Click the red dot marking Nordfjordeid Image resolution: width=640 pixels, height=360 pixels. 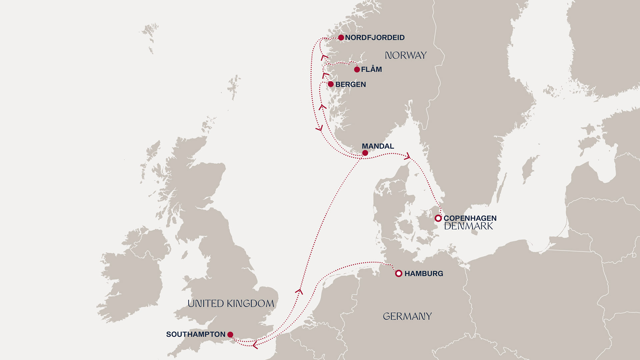point(341,38)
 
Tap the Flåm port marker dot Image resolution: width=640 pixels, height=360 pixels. point(357,70)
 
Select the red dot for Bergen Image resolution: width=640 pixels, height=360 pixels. point(331,84)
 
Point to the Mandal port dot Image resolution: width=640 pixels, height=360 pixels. point(365,153)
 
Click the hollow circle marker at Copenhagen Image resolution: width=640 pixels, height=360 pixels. point(438,218)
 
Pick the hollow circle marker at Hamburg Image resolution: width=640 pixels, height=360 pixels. point(399,274)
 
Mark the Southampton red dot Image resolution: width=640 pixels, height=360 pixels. point(230,334)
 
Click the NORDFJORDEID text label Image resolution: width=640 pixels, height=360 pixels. point(375,38)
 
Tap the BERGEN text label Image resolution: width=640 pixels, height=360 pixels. point(350,85)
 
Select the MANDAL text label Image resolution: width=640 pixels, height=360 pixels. point(378,146)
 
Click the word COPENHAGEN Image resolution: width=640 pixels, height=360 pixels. point(470,218)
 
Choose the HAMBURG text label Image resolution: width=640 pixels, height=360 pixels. point(424,274)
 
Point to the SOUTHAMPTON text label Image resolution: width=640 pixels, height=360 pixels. point(196,334)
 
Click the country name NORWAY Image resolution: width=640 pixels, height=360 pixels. point(406,55)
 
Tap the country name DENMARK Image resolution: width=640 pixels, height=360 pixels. point(468,226)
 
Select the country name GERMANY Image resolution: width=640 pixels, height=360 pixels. point(407,316)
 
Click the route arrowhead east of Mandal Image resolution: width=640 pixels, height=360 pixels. point(407,156)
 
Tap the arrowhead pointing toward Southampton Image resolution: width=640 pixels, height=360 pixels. point(255,345)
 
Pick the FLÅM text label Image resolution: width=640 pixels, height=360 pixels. point(371,70)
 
